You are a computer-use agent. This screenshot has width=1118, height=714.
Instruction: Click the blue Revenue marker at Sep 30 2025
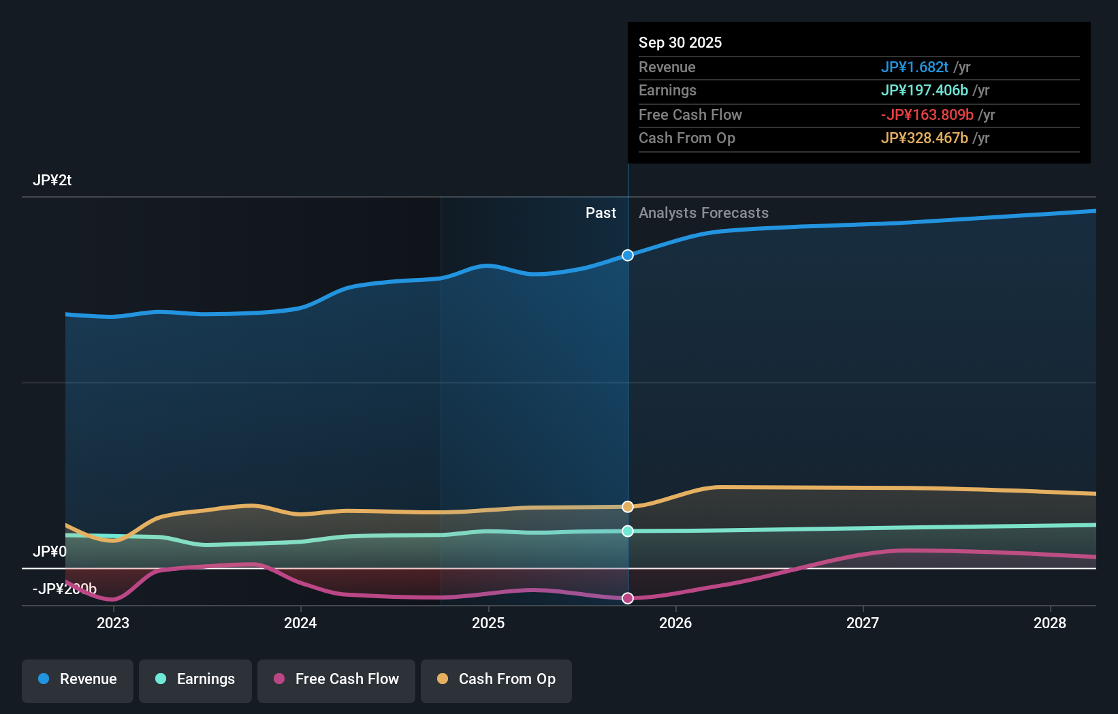click(x=628, y=255)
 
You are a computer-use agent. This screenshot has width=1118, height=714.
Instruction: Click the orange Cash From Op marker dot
click(x=628, y=507)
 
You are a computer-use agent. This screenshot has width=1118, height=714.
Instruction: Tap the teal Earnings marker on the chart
click(x=628, y=531)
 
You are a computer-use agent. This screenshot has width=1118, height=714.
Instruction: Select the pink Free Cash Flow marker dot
click(x=628, y=598)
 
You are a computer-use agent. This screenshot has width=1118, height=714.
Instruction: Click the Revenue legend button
click(x=78, y=679)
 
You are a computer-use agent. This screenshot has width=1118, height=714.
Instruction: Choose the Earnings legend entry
click(x=195, y=679)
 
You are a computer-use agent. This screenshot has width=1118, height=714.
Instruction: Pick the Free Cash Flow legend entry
click(x=336, y=679)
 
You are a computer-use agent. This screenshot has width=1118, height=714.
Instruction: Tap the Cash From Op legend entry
click(x=496, y=679)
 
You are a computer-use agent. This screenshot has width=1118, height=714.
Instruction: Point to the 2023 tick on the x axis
click(x=113, y=623)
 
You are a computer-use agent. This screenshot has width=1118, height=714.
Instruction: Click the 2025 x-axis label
click(x=488, y=623)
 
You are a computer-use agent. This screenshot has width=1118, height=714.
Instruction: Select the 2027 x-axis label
click(x=863, y=623)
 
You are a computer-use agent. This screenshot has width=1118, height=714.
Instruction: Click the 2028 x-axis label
click(x=1050, y=623)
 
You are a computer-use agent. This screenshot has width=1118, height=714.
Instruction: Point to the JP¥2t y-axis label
click(x=52, y=181)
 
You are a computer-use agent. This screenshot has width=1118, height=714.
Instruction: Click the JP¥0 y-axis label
click(x=50, y=551)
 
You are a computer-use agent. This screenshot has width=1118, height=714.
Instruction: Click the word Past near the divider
click(x=601, y=213)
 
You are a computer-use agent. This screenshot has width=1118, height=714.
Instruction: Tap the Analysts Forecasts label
click(x=703, y=213)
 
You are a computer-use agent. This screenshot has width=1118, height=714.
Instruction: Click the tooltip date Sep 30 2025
click(x=680, y=42)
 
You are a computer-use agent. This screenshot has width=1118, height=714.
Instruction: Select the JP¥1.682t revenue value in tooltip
click(x=914, y=67)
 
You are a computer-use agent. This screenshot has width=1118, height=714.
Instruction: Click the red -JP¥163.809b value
click(x=927, y=115)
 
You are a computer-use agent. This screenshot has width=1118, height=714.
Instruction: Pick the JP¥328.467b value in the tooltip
click(x=924, y=138)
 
